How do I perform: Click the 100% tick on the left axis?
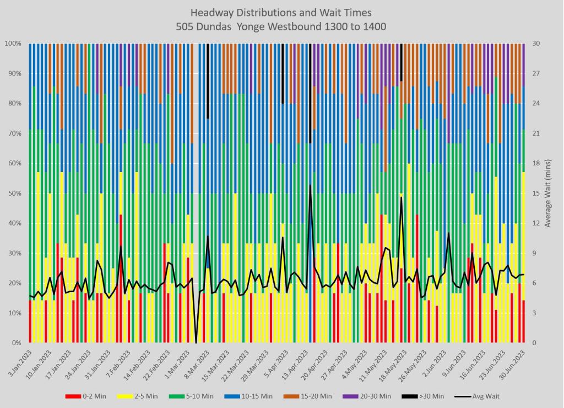tap(13, 44)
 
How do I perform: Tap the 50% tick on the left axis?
tap(14, 194)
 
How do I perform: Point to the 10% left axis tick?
tap(14, 313)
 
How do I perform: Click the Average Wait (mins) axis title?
tap(549, 193)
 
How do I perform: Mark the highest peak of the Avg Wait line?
tap(311, 185)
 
